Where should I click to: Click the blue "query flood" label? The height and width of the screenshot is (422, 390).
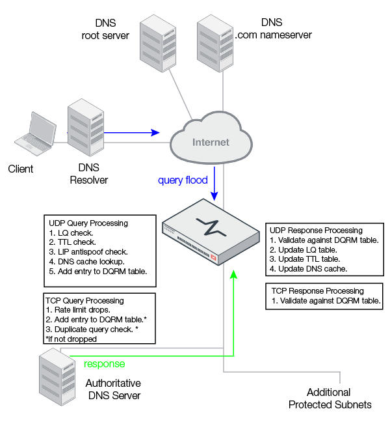(183, 180)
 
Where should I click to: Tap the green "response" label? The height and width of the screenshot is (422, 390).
(104, 364)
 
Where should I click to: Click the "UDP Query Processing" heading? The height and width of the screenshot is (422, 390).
(88, 223)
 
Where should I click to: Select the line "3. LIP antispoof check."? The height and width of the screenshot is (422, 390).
(88, 251)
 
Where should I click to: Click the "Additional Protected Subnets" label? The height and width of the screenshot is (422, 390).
(330, 399)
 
